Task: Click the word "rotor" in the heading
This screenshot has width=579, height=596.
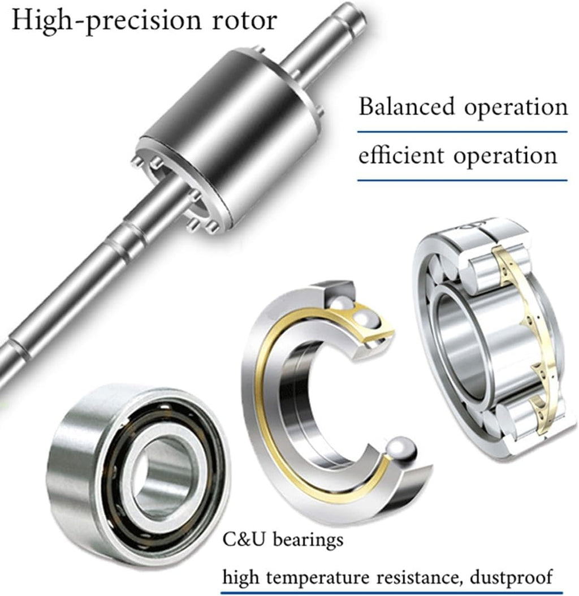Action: [244, 20]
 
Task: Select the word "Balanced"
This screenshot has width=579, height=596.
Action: [407, 106]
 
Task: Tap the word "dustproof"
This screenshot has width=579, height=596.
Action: [511, 577]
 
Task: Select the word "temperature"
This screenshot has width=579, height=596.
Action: [317, 578]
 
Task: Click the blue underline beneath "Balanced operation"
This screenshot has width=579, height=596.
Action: [463, 132]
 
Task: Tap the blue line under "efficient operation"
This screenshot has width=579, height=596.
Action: [463, 180]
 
